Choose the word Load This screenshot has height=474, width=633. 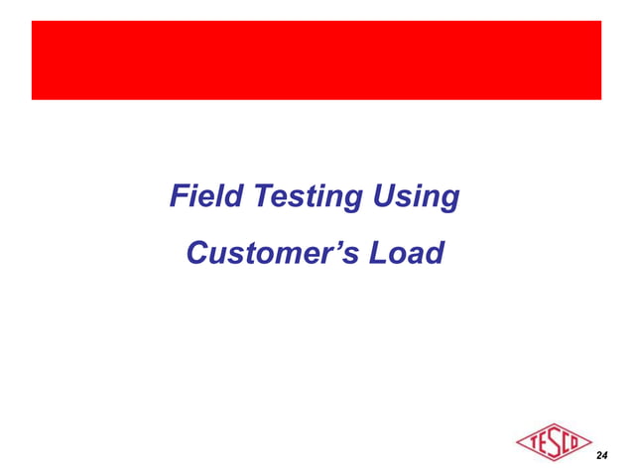click(404, 254)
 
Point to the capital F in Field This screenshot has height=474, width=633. click(180, 197)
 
